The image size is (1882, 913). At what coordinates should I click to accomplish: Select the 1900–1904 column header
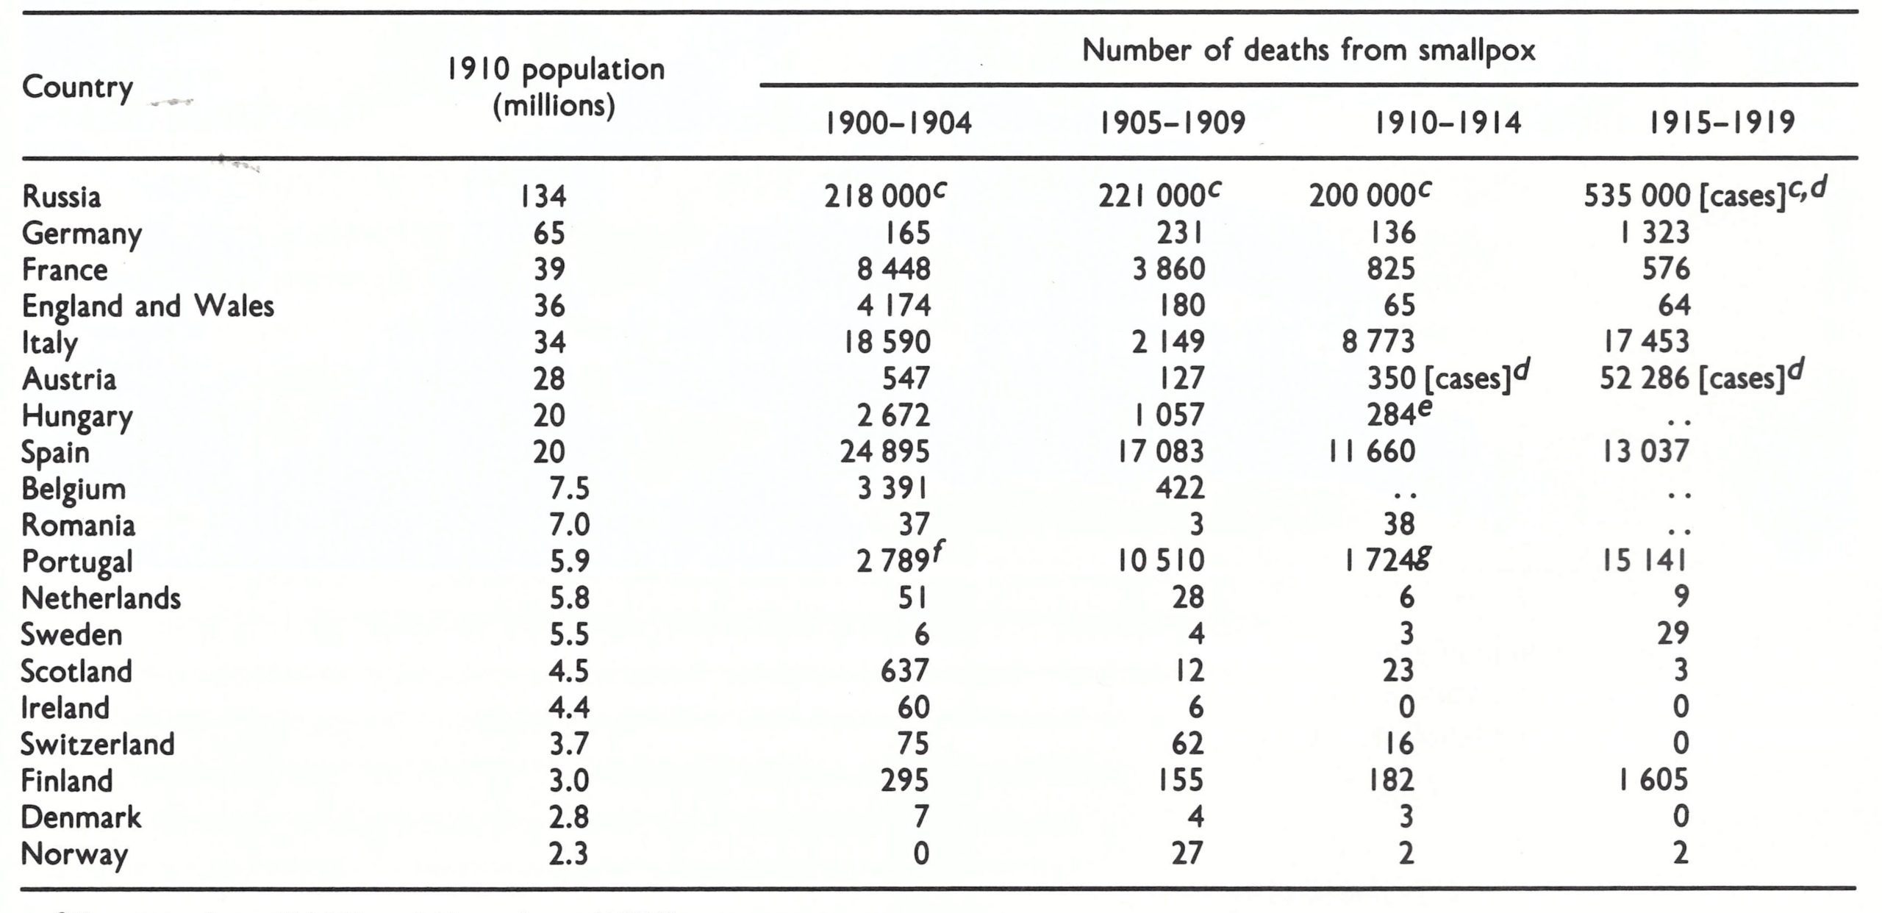[x=898, y=123]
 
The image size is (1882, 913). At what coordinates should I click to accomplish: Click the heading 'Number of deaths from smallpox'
[x=1309, y=51]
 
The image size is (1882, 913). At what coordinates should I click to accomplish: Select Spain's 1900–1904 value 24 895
[x=885, y=451]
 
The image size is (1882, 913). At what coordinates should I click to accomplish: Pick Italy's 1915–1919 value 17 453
[x=1646, y=342]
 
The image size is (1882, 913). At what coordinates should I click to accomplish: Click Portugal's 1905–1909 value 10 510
[x=1161, y=561]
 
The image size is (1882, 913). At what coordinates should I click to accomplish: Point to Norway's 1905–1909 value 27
[x=1187, y=853]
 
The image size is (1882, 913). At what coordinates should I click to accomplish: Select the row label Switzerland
[x=98, y=744]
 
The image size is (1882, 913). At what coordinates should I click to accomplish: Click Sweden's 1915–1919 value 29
[x=1672, y=634]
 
